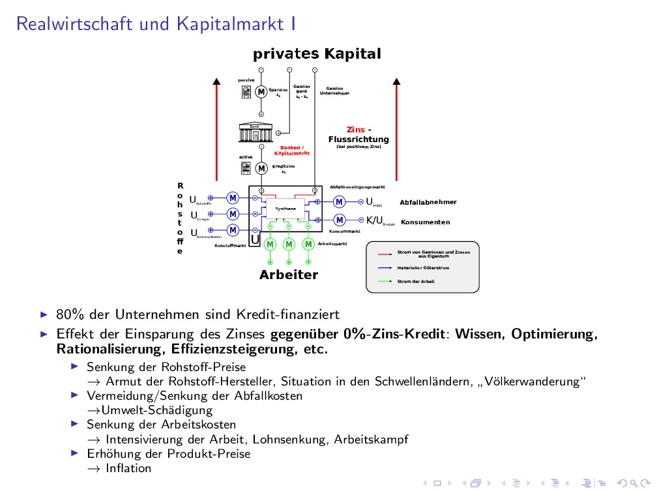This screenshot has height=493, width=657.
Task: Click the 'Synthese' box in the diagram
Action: (285, 209)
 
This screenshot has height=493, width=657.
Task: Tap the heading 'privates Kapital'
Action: (317, 53)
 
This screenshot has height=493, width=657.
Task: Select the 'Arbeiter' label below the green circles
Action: (289, 275)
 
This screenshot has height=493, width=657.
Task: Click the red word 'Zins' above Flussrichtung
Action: (356, 130)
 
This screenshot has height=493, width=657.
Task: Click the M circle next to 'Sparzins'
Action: (261, 92)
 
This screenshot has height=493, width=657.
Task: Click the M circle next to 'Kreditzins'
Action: (261, 168)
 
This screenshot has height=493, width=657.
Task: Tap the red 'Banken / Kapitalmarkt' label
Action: (292, 150)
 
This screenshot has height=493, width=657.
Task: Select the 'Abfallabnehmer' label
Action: (428, 202)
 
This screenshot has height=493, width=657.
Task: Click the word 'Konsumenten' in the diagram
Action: (426, 222)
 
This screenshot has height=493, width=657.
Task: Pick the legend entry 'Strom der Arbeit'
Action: (416, 282)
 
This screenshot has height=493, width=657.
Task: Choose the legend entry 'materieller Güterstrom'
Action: (423, 268)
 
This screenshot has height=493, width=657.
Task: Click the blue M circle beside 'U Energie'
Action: (233, 214)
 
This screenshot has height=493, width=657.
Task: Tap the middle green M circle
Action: (289, 244)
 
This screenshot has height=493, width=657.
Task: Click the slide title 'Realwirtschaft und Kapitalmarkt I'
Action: (156, 24)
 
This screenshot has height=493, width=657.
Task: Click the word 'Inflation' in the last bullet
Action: (128, 468)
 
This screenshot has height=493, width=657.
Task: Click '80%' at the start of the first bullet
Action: (69, 315)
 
